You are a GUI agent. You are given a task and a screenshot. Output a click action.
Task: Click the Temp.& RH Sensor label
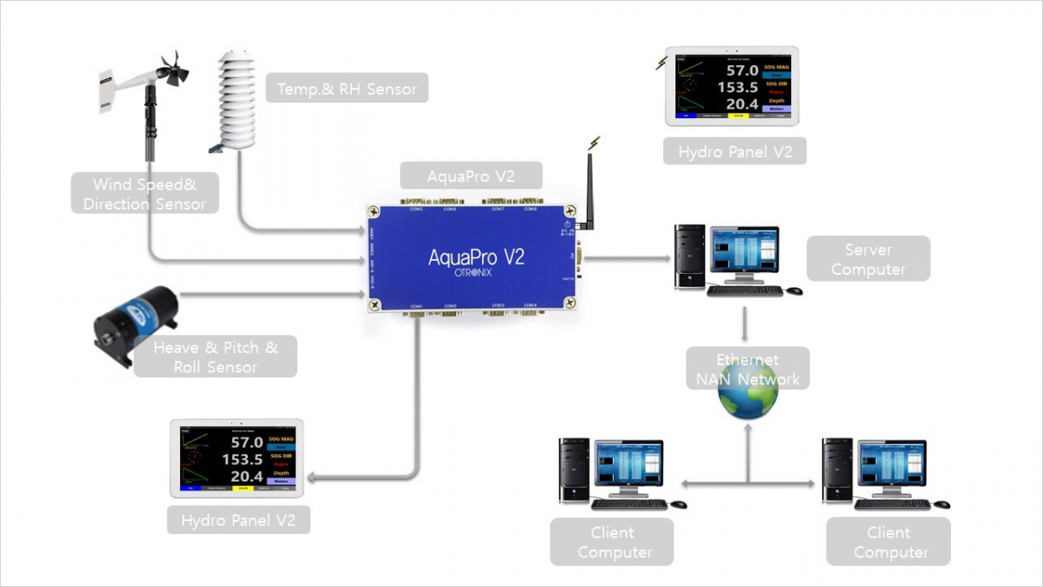(x=347, y=89)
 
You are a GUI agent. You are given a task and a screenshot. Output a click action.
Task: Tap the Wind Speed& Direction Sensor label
(x=144, y=194)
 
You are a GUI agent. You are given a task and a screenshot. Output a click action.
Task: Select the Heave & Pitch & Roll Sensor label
(x=216, y=357)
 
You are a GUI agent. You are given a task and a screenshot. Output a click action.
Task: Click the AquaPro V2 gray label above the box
(x=471, y=176)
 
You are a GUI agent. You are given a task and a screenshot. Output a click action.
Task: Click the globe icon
(x=747, y=394)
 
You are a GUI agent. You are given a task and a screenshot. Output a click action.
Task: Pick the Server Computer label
(x=867, y=259)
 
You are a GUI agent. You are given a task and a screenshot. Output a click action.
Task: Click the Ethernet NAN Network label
(x=747, y=369)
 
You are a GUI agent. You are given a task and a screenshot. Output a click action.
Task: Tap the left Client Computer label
(x=612, y=542)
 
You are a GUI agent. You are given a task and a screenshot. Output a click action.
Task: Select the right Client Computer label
(x=888, y=542)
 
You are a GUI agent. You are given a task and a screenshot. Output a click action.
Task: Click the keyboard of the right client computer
(x=893, y=504)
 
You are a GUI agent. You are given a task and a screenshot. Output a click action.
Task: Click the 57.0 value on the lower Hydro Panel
(x=246, y=442)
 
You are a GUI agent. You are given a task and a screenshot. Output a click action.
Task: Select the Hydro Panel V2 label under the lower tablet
(x=237, y=521)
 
